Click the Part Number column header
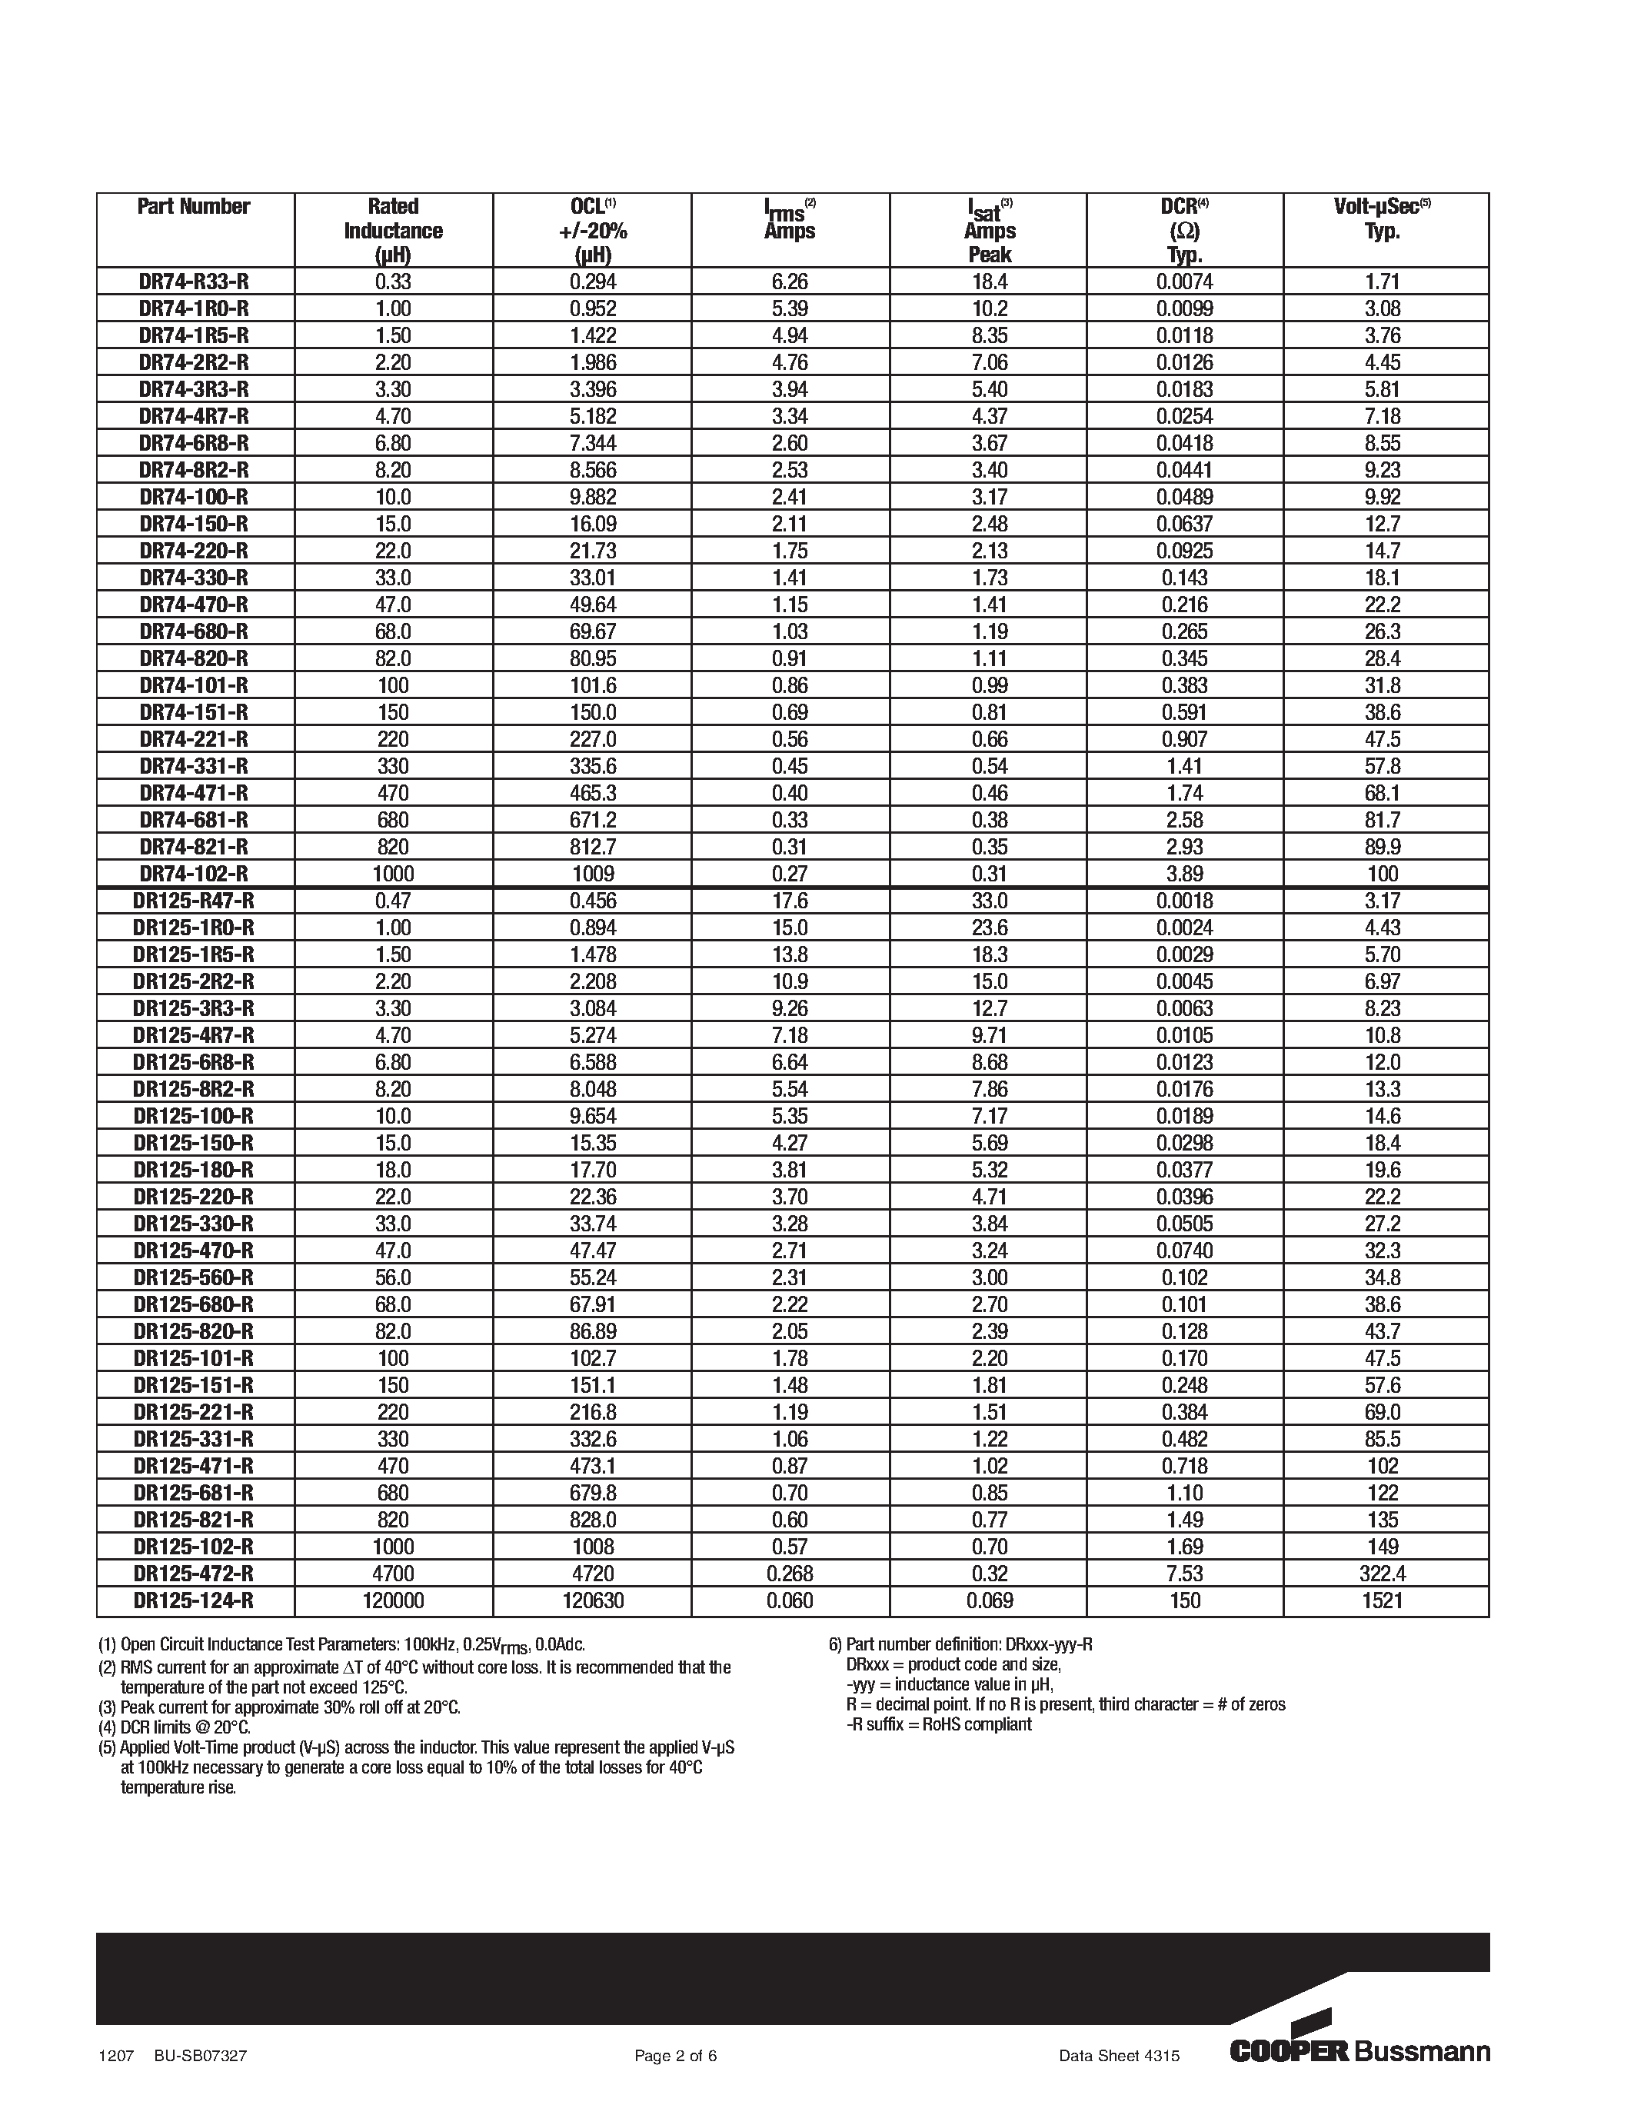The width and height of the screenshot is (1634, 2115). [x=194, y=206]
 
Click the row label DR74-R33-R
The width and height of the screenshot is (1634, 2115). [x=195, y=281]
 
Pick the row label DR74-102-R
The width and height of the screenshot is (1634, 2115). [x=195, y=874]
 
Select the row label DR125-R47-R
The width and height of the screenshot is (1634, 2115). [x=194, y=901]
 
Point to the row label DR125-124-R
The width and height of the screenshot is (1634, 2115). [x=194, y=1600]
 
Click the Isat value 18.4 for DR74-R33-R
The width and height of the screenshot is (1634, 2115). [x=988, y=281]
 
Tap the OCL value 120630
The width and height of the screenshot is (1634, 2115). [x=591, y=1600]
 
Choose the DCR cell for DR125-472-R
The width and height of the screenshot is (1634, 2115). [x=1184, y=1574]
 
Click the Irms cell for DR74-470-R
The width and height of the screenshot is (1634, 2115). [x=789, y=605]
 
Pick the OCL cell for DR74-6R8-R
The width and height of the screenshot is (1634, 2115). [x=591, y=444]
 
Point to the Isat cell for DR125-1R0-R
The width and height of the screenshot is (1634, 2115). [x=988, y=928]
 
